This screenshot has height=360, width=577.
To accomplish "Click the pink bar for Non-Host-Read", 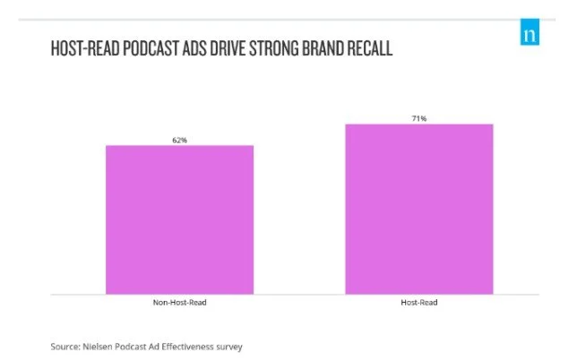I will tap(180, 219).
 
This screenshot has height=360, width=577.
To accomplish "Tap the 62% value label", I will tap(180, 140).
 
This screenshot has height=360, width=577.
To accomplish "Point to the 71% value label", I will tap(418, 118).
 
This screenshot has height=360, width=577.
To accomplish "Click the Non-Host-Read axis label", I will tap(180, 303).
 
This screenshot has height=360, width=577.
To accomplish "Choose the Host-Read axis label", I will tap(418, 303).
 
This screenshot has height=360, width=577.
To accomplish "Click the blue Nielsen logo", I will tap(530, 33).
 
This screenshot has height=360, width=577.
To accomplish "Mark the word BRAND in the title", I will tap(330, 48).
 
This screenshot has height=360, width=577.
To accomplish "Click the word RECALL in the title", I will tap(375, 48).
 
